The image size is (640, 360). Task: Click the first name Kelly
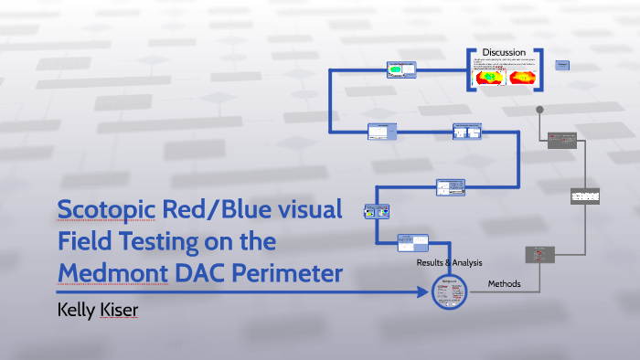point(78,311)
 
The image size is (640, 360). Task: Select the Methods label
point(503,284)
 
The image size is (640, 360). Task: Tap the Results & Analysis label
point(449,263)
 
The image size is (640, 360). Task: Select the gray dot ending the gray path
point(539,110)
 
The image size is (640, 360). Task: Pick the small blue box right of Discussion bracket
point(562,65)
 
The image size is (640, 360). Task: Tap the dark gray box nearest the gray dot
point(561,140)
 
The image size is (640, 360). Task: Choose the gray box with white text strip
point(584,196)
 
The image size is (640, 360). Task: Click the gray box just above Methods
point(539,254)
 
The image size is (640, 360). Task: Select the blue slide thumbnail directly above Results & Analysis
point(413,243)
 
